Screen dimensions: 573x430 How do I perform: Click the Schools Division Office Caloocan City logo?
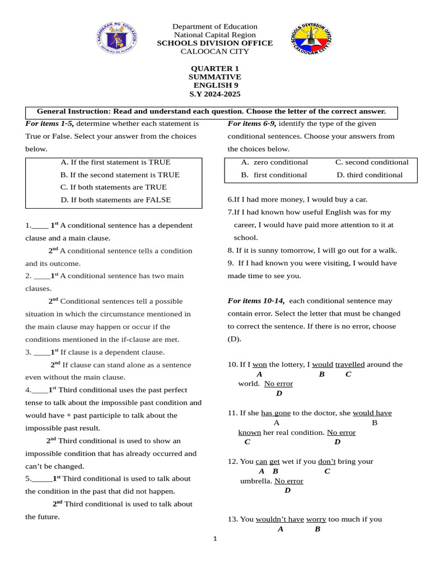point(311,39)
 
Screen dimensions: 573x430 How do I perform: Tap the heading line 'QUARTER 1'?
point(214,68)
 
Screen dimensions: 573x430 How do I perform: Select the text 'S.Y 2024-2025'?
point(214,94)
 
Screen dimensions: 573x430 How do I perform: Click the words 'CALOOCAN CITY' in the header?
point(214,51)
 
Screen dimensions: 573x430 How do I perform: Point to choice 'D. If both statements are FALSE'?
point(116,200)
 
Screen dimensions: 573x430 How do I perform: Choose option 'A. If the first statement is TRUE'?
point(115,162)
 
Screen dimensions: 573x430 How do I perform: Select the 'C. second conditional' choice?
point(372,162)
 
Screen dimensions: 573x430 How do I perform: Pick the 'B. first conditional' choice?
point(274,175)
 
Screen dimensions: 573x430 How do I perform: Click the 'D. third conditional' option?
point(370,175)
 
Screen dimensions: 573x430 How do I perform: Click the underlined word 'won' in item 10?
point(260,364)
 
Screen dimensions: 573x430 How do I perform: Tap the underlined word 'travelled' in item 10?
point(350,364)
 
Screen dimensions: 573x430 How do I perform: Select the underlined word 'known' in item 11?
point(250,433)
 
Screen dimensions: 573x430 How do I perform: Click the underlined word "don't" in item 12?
point(327,462)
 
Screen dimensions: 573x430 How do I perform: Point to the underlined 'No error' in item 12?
point(289,481)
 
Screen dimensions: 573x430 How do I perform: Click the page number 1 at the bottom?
point(215,539)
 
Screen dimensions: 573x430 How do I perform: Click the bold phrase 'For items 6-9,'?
point(252,124)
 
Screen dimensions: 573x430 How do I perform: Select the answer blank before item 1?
point(40,226)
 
